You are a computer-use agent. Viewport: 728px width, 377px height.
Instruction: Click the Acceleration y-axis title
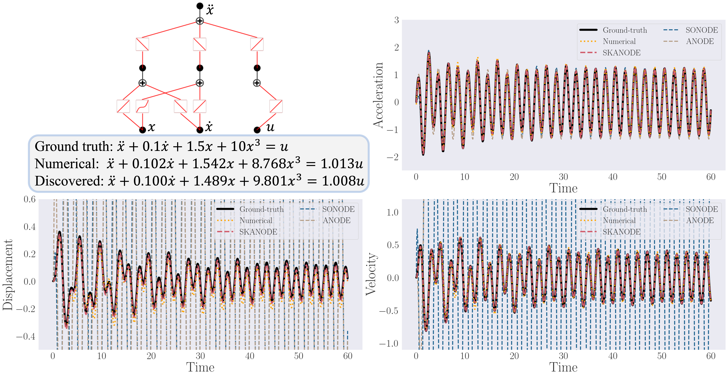pyautogui.click(x=378, y=95)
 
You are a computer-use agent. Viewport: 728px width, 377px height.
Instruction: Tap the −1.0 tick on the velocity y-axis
pyautogui.click(x=389, y=344)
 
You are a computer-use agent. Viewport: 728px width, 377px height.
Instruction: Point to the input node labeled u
pyautogui.click(x=257, y=130)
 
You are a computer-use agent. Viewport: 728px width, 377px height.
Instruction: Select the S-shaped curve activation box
pyautogui.click(x=142, y=106)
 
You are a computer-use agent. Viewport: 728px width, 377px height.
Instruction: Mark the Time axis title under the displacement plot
pyautogui.click(x=200, y=367)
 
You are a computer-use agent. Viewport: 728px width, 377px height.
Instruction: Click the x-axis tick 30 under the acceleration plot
pyautogui.click(x=563, y=177)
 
